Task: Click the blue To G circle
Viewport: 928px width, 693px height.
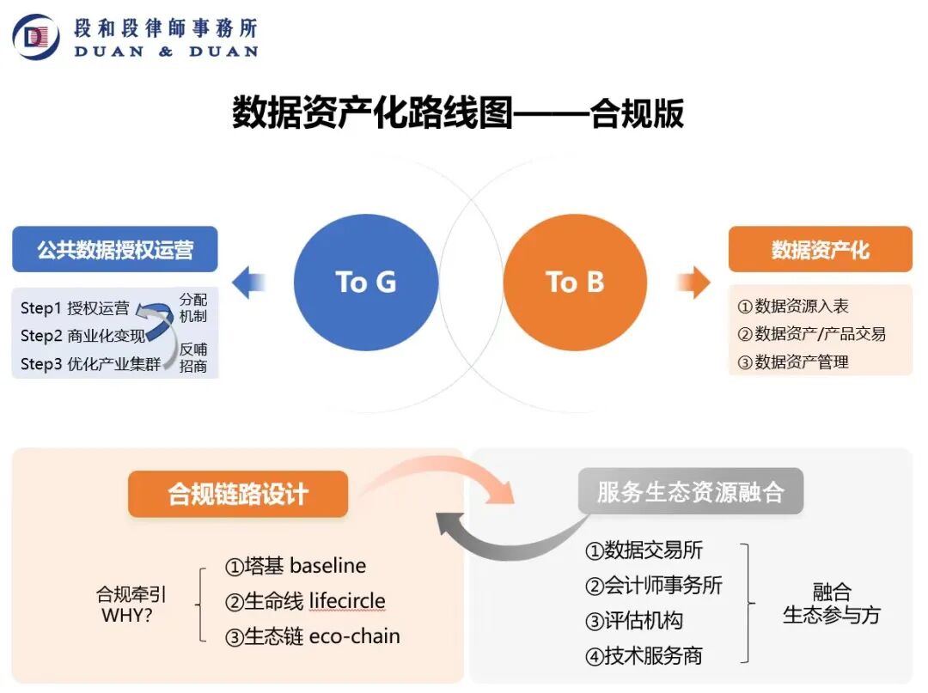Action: tap(366, 282)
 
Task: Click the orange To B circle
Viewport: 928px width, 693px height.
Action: tap(575, 282)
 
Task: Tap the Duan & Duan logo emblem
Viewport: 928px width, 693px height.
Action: tap(35, 36)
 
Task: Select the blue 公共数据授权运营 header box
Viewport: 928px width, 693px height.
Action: tap(115, 250)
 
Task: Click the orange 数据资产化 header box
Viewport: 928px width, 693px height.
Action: tap(820, 250)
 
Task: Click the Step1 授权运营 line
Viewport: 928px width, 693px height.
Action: tap(76, 307)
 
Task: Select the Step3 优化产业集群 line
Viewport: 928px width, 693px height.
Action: tap(91, 363)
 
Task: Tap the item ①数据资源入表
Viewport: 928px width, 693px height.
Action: tap(793, 307)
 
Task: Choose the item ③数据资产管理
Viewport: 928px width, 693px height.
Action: tap(793, 362)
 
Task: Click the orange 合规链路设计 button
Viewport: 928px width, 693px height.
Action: tap(238, 494)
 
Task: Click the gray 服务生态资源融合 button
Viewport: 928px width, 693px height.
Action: tap(691, 492)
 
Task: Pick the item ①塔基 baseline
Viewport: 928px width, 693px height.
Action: tap(296, 566)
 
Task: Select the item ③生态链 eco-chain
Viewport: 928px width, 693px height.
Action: tap(313, 636)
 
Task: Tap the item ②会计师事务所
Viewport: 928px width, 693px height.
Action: tap(654, 586)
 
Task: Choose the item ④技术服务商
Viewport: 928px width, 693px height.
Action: tap(644, 656)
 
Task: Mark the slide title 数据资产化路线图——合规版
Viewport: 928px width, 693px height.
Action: tap(458, 112)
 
